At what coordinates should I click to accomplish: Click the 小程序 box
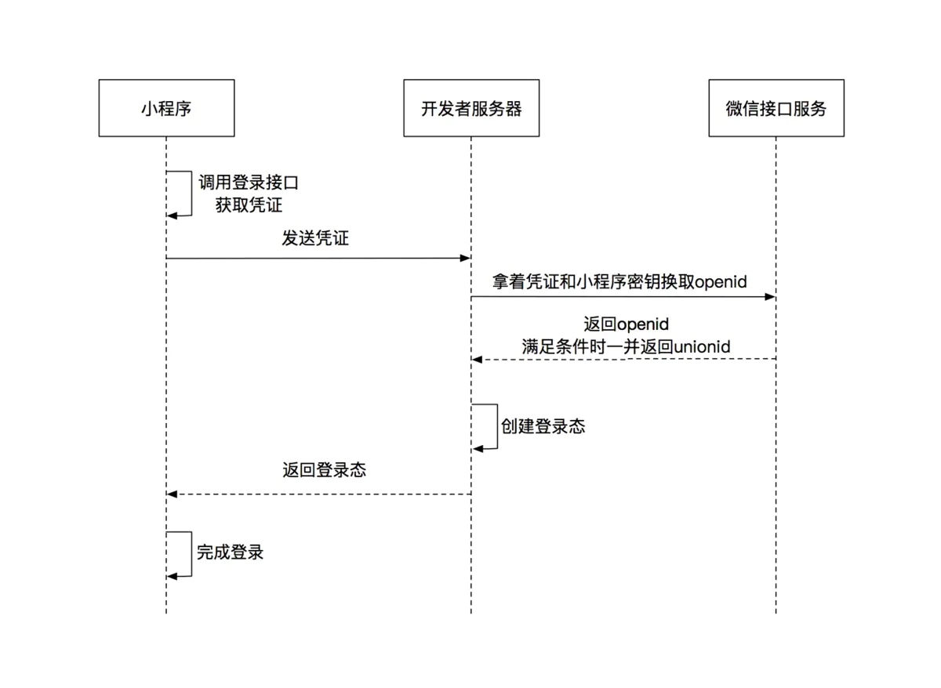[x=166, y=108]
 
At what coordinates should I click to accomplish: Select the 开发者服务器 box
[x=471, y=108]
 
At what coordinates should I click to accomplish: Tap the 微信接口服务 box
[x=776, y=108]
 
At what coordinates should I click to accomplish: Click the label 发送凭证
[x=315, y=239]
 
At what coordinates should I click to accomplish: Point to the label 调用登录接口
[x=249, y=183]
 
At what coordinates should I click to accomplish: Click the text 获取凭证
[x=249, y=205]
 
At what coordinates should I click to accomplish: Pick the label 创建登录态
[x=543, y=426]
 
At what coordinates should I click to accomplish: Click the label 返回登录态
[x=325, y=470]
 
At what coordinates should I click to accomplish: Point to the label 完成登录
[x=230, y=552]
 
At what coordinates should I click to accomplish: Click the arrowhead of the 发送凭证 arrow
[x=465, y=258]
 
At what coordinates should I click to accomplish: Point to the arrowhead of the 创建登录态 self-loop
[x=478, y=448]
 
